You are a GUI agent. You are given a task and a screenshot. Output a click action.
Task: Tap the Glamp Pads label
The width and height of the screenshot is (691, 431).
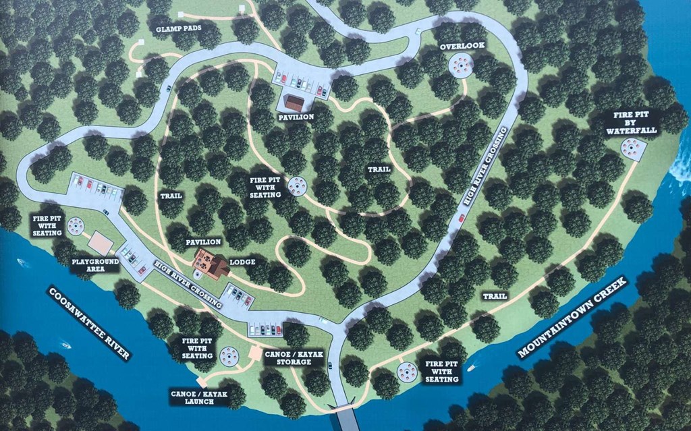click(x=177, y=30)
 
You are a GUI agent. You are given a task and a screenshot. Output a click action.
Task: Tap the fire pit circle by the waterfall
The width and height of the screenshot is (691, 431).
click(x=634, y=147)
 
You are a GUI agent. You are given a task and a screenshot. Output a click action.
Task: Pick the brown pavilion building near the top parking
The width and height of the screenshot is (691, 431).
click(x=294, y=102)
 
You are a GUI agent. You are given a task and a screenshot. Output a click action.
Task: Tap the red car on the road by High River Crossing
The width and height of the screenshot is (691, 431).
click(x=462, y=218)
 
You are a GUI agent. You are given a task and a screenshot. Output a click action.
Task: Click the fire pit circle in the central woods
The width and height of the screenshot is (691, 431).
click(x=297, y=185)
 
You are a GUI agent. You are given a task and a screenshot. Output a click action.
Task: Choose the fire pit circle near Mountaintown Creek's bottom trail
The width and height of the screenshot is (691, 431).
click(x=407, y=371)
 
